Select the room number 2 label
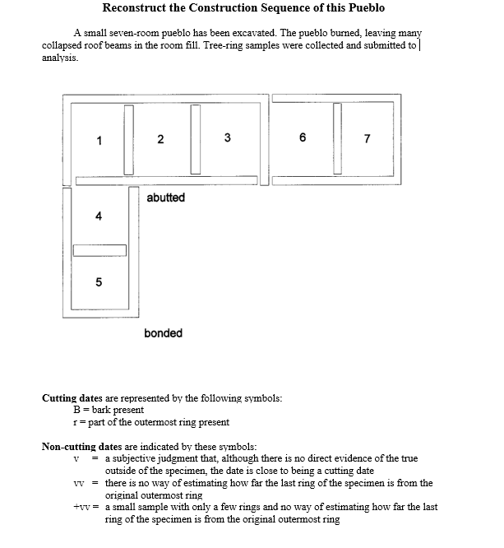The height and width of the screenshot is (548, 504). coord(160,139)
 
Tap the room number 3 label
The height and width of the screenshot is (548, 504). coord(227,137)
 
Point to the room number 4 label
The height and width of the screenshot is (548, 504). coord(99,216)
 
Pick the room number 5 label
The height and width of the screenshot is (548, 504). coord(99,282)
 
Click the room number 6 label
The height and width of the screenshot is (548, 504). coord(303,137)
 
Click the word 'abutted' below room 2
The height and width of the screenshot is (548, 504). coord(165,197)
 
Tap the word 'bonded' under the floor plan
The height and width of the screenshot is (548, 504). coord(163,333)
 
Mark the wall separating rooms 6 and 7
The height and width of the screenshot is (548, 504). coord(337,138)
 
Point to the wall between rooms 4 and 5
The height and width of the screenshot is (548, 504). coord(99,250)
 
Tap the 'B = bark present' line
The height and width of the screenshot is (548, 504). coord(109,410)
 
